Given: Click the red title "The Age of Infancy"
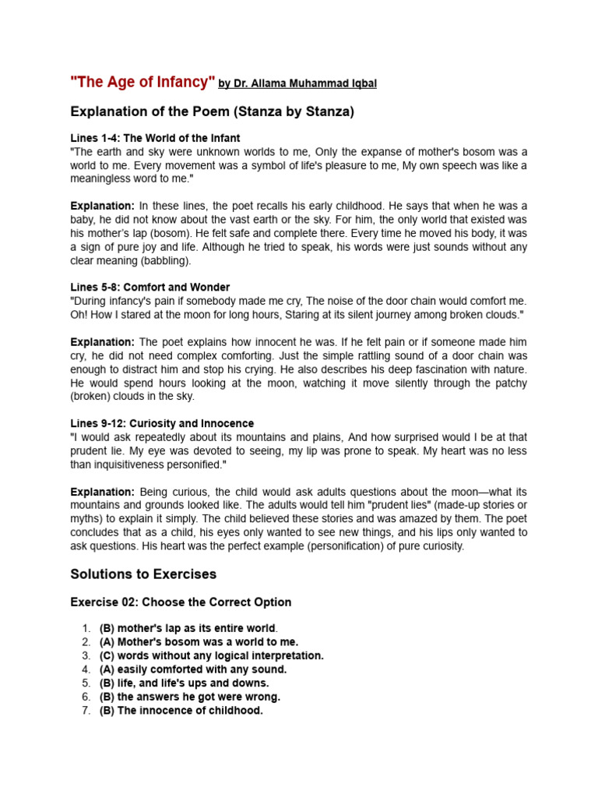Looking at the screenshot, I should tap(142, 83).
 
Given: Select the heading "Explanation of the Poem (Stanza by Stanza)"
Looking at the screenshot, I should tap(212, 111).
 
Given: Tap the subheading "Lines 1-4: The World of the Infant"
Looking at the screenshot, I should tap(155, 138).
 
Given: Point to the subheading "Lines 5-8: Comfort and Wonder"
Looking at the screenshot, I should tap(150, 288).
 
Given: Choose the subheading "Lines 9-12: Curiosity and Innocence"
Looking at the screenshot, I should tap(162, 423).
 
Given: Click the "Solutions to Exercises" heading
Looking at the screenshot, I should tap(143, 574).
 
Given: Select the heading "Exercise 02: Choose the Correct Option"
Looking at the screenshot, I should tap(181, 602).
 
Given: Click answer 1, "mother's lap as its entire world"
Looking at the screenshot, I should tap(188, 628).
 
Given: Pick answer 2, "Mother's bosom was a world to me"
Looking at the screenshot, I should tap(199, 642).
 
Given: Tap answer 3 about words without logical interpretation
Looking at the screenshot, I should tap(212, 656).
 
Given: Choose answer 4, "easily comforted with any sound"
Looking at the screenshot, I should tap(193, 669).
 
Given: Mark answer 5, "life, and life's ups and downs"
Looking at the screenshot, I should tap(185, 683).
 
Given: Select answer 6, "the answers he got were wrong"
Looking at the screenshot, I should tap(190, 697).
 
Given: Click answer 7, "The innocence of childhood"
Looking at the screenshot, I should tap(181, 711).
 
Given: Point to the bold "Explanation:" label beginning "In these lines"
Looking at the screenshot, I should tap(103, 206).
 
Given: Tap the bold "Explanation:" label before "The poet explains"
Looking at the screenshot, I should tap(103, 342).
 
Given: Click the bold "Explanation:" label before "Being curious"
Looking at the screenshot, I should tap(103, 492).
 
